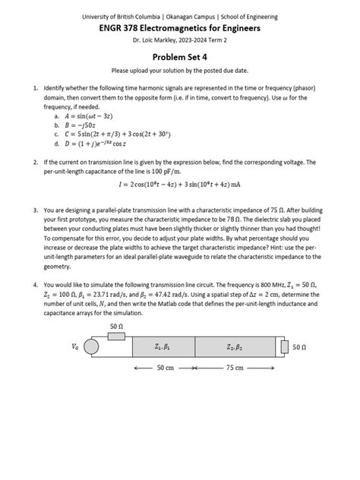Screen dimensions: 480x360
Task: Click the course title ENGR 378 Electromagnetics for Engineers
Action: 180,27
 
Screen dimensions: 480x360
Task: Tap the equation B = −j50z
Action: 84,126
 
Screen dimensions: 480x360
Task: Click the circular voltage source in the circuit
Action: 91,346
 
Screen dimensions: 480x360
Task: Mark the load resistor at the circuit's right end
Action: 284,347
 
